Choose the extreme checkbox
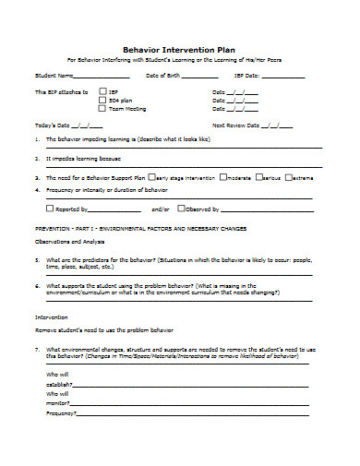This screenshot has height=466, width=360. coord(290,175)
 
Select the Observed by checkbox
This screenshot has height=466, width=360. coord(180,209)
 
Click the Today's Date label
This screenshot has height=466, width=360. coord(51,125)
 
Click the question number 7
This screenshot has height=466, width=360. coord(36,350)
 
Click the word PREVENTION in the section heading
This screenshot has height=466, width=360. coord(52,226)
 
